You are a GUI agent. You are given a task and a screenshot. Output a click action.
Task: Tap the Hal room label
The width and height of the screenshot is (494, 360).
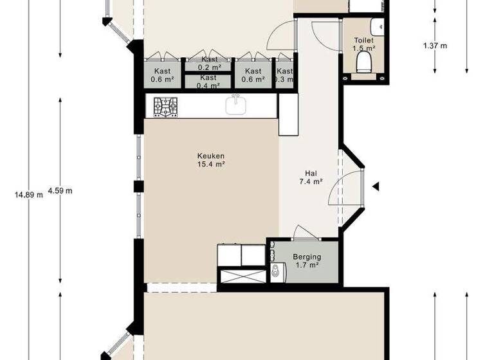311,173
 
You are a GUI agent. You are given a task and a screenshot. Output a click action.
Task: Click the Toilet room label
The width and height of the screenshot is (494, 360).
363,40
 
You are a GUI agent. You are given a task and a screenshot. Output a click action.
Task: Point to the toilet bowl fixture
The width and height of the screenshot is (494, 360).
364,62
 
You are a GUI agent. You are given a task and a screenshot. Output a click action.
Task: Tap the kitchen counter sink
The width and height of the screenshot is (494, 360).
237,104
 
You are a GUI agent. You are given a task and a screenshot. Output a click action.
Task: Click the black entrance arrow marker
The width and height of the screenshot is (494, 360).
376,186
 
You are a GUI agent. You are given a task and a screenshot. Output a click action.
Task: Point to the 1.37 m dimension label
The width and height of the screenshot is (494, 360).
435,46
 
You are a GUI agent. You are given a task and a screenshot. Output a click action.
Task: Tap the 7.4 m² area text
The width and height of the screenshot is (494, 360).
311,182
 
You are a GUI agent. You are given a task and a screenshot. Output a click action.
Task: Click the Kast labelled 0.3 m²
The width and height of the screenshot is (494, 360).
284,75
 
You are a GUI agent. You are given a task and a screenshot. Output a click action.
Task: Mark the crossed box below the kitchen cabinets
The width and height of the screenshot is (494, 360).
242,276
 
